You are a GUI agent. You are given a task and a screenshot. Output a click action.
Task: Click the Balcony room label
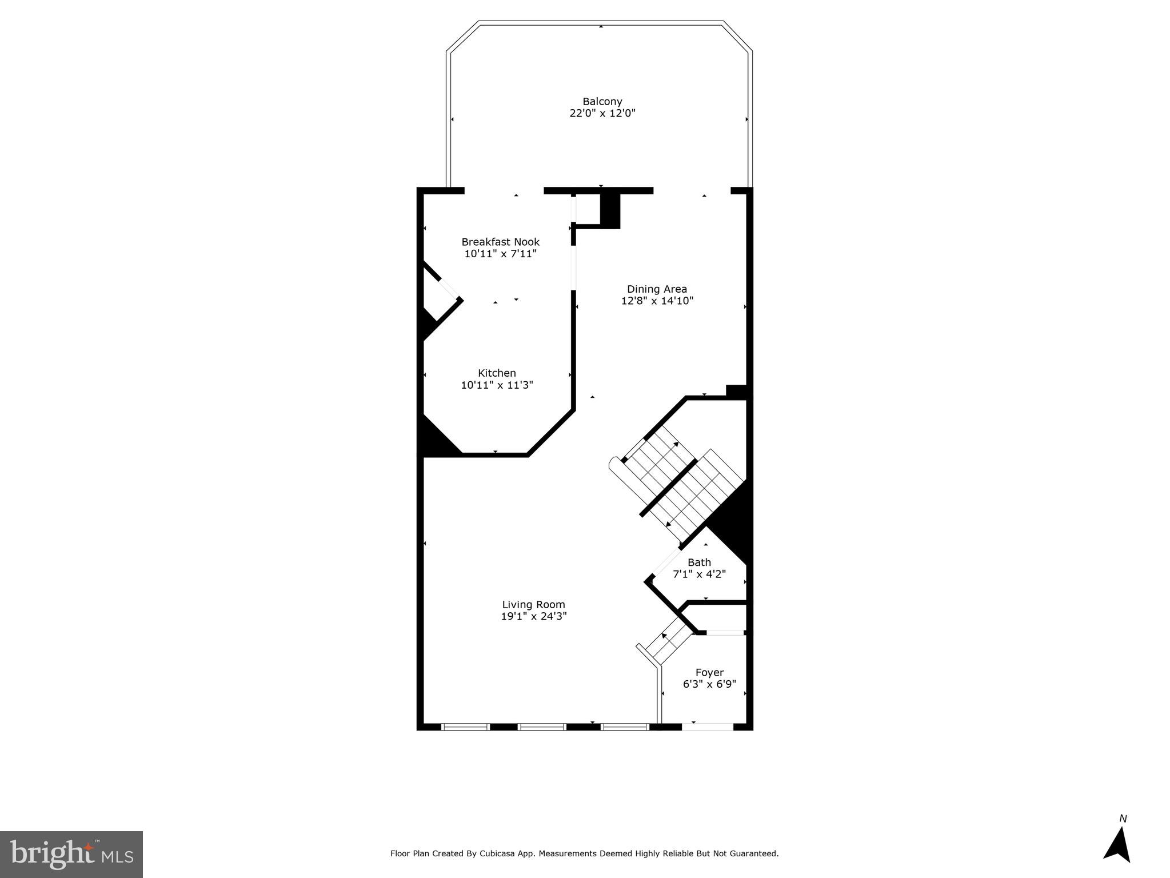point(602,102)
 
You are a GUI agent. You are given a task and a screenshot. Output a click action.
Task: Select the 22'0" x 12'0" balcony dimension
point(602,113)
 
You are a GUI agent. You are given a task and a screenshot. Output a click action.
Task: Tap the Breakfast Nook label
point(500,242)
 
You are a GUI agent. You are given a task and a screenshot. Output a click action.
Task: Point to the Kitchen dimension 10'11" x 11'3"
point(497,385)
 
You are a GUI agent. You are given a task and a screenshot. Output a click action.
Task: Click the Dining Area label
point(657,289)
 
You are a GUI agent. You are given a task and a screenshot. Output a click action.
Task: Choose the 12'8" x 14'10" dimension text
point(657,301)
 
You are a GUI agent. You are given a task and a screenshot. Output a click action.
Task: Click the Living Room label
point(533,605)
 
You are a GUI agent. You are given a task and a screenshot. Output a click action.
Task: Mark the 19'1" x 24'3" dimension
point(533,616)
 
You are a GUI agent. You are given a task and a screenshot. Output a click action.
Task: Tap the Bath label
point(699,562)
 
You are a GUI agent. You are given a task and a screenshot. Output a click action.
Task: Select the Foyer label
point(709,673)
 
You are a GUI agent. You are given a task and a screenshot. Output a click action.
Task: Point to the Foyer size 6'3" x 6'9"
point(709,684)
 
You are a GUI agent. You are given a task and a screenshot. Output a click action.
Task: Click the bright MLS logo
point(71,854)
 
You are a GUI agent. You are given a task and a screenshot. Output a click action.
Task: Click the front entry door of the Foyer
point(708,727)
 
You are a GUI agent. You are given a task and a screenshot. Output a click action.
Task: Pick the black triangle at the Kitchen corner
point(436,440)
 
